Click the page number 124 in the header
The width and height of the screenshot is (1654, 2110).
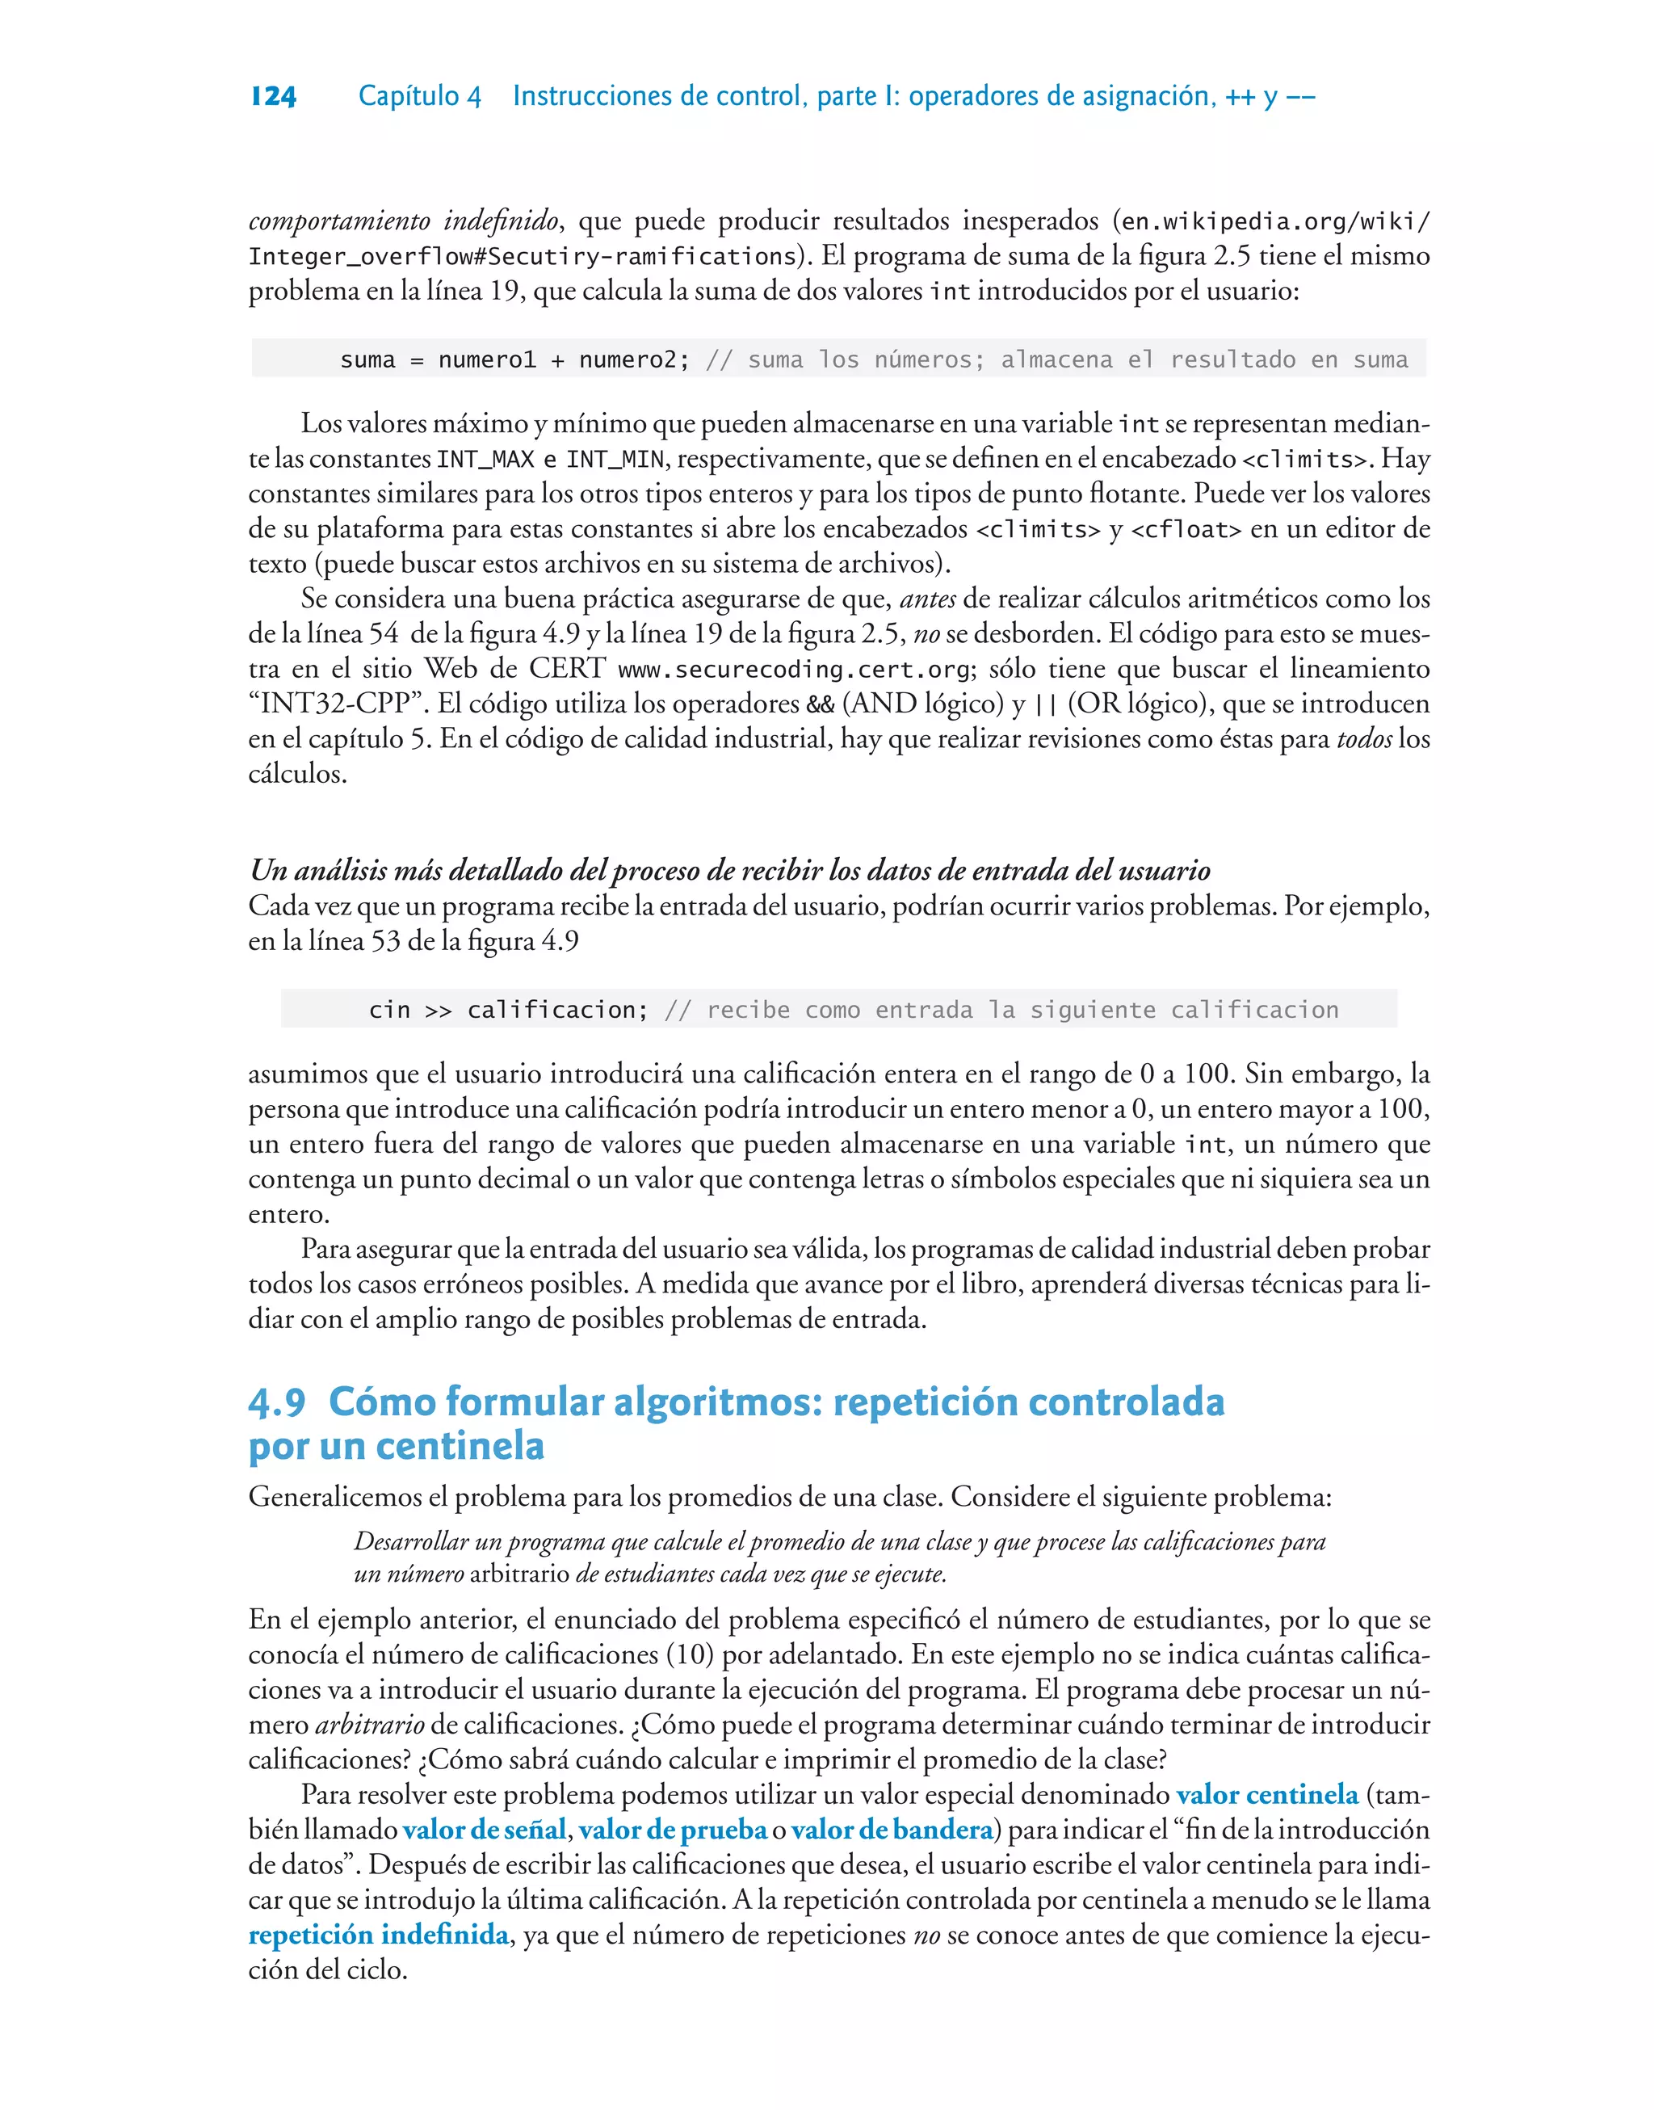pos(273,96)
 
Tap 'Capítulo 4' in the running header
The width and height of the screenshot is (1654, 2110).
pos(419,96)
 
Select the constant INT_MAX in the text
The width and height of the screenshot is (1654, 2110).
pos(485,459)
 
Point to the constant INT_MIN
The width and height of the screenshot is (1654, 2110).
pos(615,459)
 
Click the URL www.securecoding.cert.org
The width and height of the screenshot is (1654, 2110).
pos(794,669)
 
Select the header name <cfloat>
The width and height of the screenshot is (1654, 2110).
pos(1186,530)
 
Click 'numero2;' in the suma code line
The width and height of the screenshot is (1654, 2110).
pos(634,360)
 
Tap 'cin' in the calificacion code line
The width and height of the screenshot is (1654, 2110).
pos(389,1010)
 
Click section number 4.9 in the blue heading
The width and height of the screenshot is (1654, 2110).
pos(277,1402)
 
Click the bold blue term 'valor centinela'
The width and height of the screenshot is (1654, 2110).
pos(1266,1794)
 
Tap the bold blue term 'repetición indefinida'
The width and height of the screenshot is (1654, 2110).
pos(379,1934)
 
